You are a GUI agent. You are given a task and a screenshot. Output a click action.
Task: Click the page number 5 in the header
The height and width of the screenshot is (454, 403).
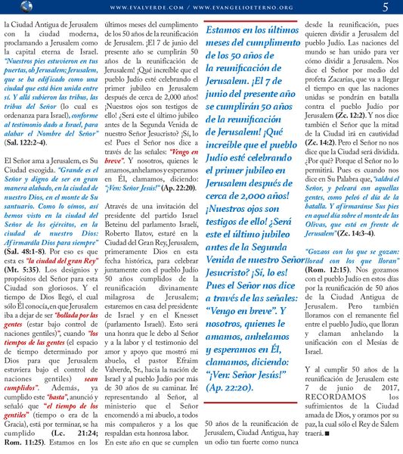386,8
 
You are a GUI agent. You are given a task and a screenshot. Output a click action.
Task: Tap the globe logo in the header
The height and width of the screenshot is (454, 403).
8,8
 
